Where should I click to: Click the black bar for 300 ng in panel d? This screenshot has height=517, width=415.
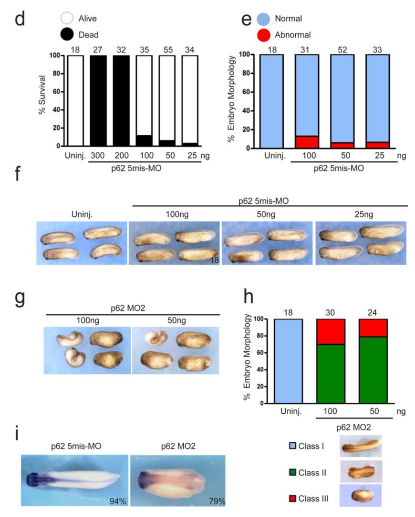[x=98, y=100]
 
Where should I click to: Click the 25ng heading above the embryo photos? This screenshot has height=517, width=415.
[x=361, y=214]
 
